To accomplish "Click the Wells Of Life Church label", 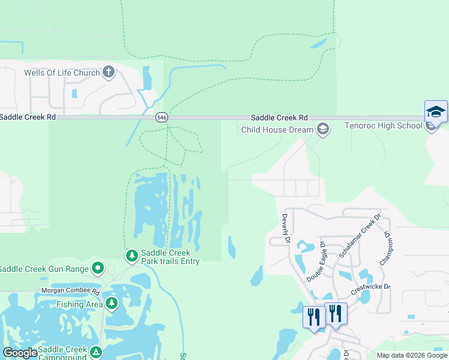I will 61,73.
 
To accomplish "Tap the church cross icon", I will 109,73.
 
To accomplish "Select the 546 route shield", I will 160,118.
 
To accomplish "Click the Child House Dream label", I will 277,130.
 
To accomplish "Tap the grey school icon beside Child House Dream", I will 323,129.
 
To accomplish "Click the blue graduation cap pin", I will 436,112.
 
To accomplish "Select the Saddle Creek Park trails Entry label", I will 170,257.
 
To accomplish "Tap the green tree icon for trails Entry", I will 131,256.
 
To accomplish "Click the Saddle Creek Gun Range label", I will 44,268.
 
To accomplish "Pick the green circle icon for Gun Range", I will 98,268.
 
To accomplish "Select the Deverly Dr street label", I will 286,229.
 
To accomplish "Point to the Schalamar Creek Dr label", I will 360,236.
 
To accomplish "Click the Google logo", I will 20,353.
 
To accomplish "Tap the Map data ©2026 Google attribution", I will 412,355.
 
